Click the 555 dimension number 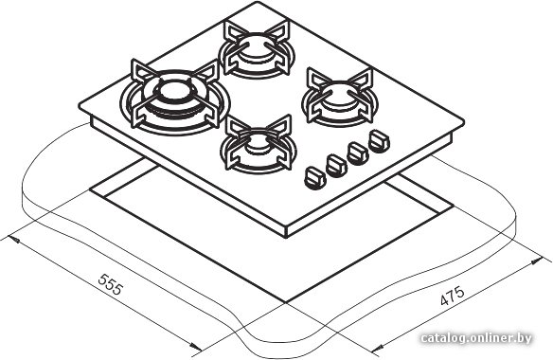(x=111, y=284)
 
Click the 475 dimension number (x=453, y=296)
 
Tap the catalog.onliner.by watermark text (x=476, y=338)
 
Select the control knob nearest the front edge (x=315, y=178)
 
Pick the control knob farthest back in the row (x=379, y=141)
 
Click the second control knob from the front (x=336, y=165)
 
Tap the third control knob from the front (x=358, y=153)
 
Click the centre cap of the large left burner (x=174, y=91)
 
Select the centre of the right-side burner (x=340, y=96)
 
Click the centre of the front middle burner (x=259, y=144)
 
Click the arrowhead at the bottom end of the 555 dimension (x=196, y=347)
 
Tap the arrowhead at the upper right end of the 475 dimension (x=537, y=261)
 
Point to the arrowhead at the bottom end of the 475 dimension (x=377, y=350)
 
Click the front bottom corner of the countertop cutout (x=285, y=302)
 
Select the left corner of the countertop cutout (x=90, y=190)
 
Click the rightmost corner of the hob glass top (x=463, y=122)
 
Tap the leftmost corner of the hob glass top (x=80, y=105)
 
